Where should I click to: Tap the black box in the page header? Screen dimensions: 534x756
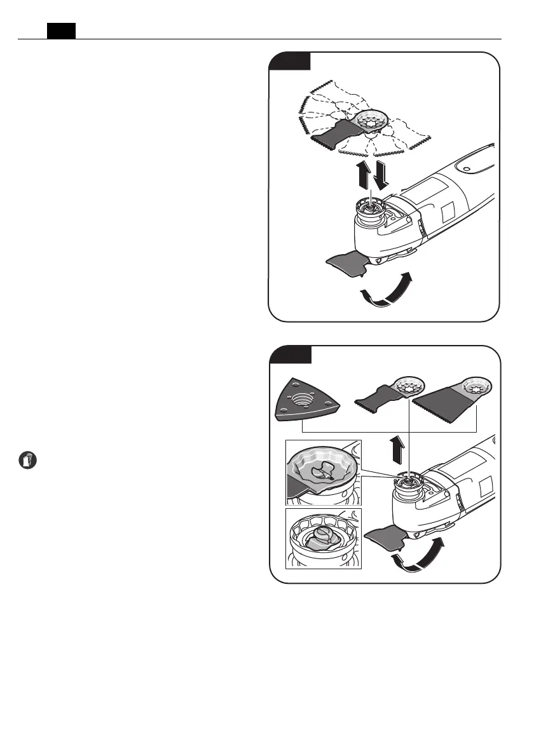coord(62,30)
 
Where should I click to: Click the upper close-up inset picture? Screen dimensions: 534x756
coord(324,472)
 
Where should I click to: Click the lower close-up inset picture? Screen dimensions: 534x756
coord(324,538)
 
